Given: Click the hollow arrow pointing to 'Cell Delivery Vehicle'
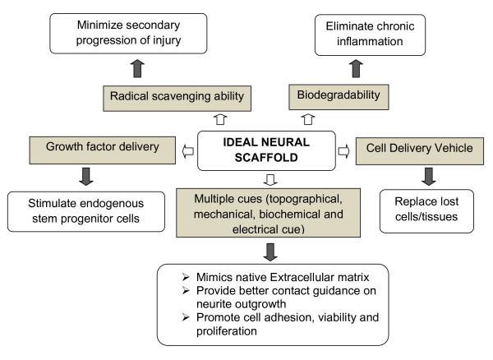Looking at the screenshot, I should (344, 151).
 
